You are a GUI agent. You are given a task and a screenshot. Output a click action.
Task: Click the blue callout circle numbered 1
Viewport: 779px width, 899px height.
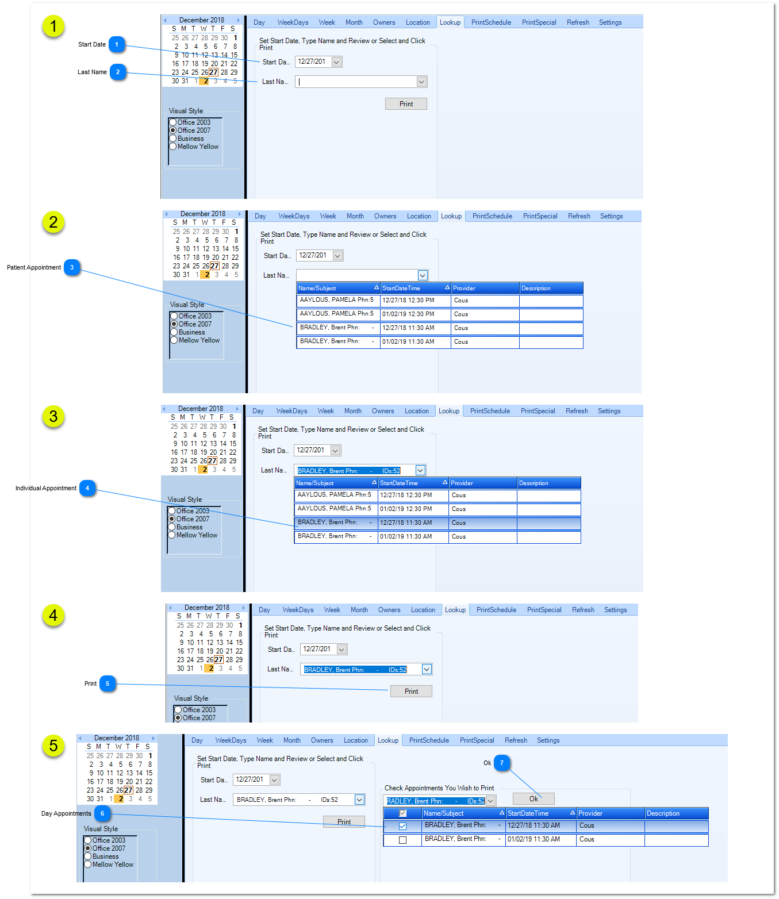click(x=117, y=44)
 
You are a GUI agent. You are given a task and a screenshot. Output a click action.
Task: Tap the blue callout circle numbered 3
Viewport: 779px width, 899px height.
click(x=72, y=267)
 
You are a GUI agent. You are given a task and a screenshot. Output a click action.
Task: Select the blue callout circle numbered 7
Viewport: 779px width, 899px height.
click(x=501, y=762)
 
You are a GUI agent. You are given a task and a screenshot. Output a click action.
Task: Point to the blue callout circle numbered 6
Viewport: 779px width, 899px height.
click(x=102, y=813)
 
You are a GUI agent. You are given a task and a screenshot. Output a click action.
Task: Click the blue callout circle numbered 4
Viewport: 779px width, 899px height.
click(x=87, y=488)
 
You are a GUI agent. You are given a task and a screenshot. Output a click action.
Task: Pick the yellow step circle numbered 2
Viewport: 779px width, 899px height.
click(x=53, y=222)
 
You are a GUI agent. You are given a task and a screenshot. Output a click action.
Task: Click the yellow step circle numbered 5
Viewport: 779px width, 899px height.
click(x=53, y=746)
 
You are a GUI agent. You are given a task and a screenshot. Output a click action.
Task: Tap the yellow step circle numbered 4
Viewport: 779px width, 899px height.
click(x=53, y=616)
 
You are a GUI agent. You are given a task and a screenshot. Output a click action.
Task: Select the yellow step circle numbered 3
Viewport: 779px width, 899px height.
click(x=53, y=417)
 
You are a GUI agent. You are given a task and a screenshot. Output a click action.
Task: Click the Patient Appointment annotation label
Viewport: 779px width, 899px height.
click(x=34, y=267)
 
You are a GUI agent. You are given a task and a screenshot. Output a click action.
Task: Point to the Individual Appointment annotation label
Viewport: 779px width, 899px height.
click(x=45, y=488)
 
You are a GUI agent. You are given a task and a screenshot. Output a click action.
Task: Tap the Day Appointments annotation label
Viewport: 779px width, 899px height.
click(x=66, y=813)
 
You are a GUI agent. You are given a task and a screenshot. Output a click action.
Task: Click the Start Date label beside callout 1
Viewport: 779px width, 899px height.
click(x=92, y=44)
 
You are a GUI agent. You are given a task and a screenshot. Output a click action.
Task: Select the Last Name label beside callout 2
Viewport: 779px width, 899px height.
click(x=92, y=72)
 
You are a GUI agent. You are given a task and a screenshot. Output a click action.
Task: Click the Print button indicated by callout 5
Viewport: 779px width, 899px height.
click(x=411, y=691)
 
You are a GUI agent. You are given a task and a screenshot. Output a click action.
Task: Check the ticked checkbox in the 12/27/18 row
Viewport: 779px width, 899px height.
click(x=403, y=826)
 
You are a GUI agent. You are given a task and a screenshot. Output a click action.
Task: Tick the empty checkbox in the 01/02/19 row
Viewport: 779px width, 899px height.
click(x=403, y=840)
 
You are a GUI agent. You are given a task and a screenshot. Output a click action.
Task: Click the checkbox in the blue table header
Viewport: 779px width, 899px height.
click(x=403, y=813)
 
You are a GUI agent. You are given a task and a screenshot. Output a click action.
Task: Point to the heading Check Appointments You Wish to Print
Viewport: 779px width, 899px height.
click(x=439, y=788)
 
